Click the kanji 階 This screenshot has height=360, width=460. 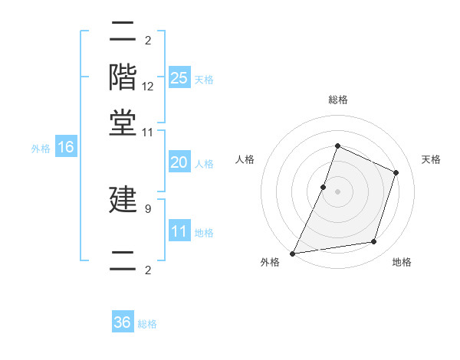click(123, 77)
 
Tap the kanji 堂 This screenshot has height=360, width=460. click(123, 123)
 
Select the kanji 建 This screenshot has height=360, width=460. click(123, 199)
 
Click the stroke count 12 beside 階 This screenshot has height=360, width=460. click(148, 87)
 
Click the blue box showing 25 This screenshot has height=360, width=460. click(179, 78)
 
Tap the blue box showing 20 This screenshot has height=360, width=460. click(179, 162)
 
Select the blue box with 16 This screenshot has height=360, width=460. click(65, 148)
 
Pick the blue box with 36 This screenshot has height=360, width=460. click(122, 322)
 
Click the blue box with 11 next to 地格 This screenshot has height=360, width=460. click(179, 231)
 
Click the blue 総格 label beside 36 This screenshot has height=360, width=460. click(147, 324)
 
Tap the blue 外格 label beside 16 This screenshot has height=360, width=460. click(41, 149)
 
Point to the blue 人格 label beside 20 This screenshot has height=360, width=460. click(204, 163)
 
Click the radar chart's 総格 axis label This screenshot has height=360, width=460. click(337, 100)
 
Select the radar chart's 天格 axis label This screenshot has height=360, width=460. click(431, 159)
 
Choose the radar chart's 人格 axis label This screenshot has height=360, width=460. click(245, 159)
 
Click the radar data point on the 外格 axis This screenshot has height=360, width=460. click(293, 253)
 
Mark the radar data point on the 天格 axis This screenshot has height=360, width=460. click(396, 172)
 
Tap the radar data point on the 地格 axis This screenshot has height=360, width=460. click(374, 242)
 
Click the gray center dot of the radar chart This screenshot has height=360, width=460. click(337, 191)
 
